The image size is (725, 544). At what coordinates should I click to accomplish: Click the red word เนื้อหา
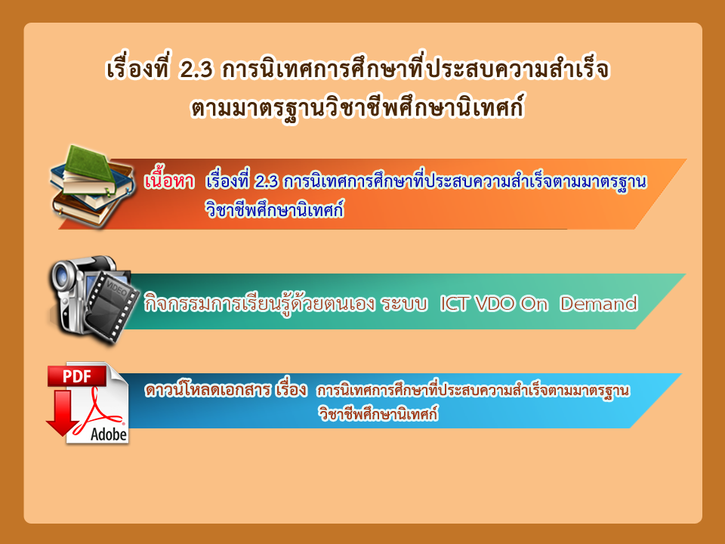point(169,180)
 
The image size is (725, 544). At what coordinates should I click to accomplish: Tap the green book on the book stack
point(89,165)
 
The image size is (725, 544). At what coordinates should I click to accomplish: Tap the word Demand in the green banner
point(599,304)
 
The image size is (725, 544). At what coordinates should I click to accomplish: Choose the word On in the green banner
point(534,304)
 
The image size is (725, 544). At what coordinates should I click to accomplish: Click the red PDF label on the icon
point(77,376)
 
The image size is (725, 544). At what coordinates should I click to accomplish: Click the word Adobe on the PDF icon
point(109,434)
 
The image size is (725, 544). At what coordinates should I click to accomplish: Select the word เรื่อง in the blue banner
point(291,389)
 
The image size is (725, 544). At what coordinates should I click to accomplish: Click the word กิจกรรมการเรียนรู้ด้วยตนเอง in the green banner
point(259,303)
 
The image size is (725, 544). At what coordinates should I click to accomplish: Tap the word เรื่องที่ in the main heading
point(138,70)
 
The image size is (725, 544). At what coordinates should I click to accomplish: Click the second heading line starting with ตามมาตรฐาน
point(358,107)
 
